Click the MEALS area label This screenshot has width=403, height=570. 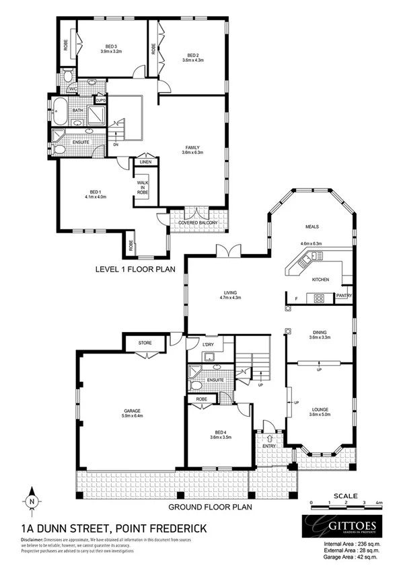[311, 227]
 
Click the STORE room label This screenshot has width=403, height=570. [145, 343]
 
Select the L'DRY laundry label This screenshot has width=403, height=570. [209, 345]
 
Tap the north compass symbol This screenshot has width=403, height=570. [31, 501]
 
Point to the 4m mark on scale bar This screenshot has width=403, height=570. [379, 503]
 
